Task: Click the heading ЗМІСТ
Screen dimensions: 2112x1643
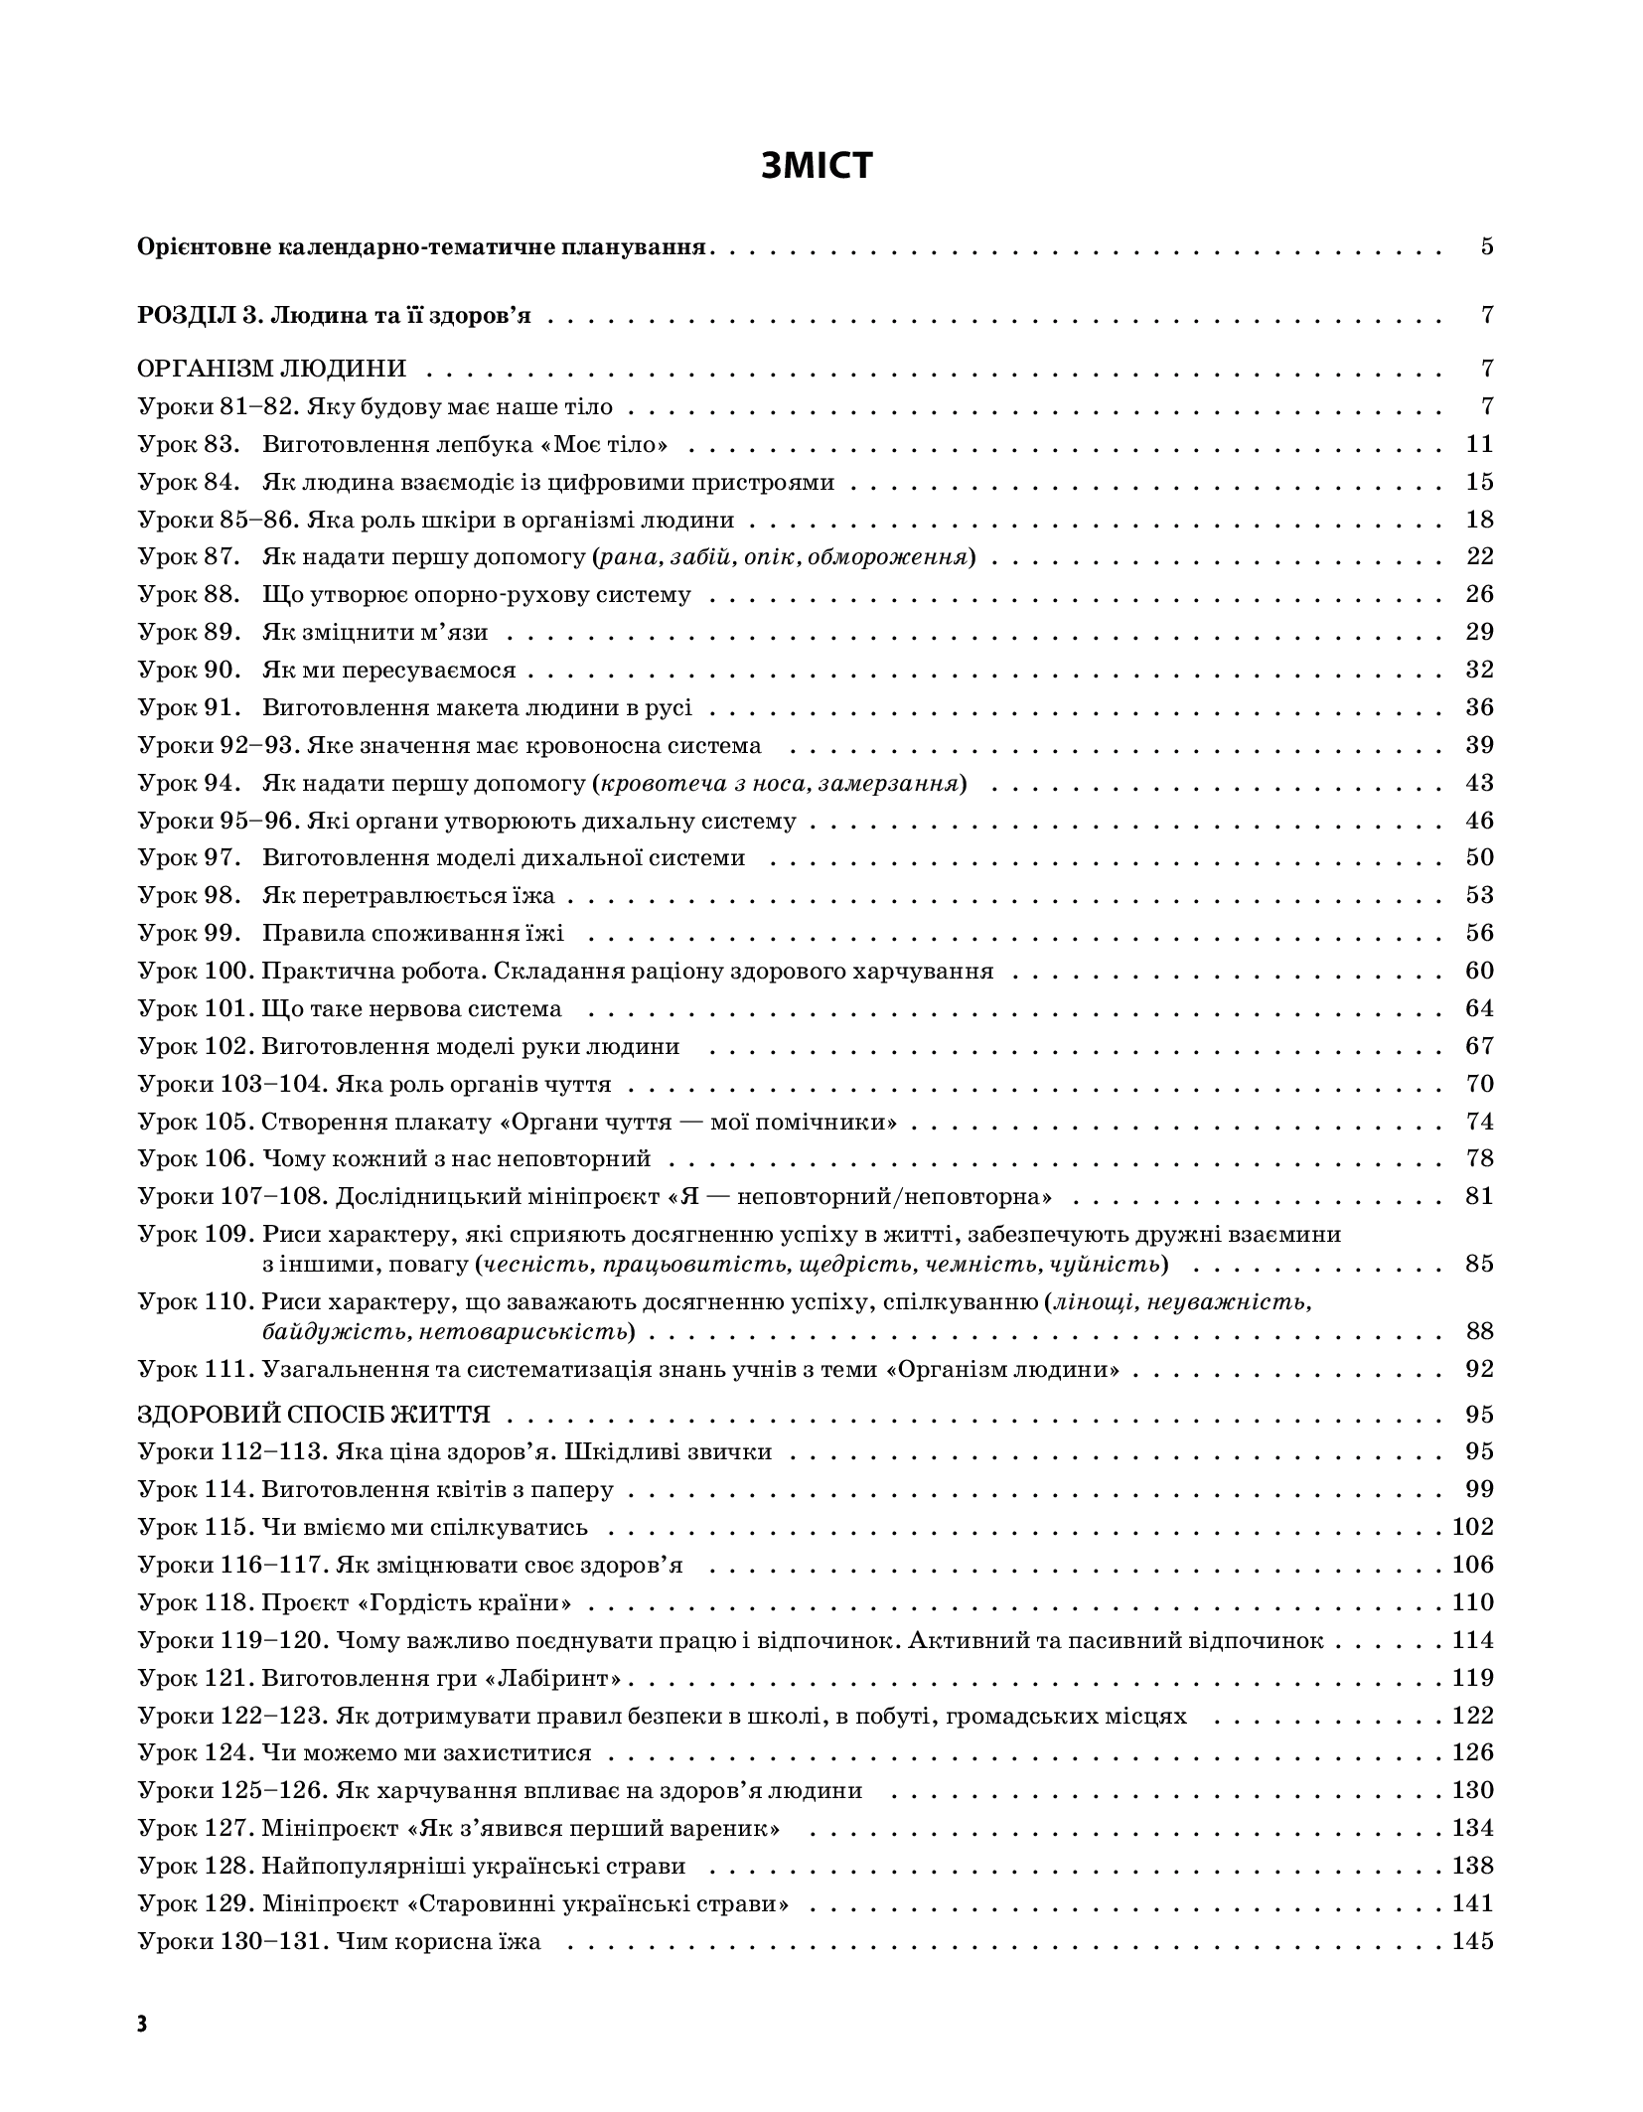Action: coord(817,165)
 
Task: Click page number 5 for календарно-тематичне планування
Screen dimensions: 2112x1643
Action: coord(1486,246)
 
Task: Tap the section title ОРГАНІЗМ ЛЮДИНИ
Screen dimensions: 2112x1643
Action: coord(271,369)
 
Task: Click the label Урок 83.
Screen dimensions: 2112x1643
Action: coord(189,444)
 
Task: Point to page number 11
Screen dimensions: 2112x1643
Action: coord(1479,444)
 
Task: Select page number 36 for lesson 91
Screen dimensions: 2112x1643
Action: coord(1479,707)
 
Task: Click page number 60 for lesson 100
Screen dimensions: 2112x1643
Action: coord(1479,971)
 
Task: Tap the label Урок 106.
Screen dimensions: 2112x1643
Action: coord(195,1158)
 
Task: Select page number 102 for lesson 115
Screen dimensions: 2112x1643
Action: coord(1472,1527)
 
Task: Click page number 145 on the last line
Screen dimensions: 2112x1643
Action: coord(1472,1941)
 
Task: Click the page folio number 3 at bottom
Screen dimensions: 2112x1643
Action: coord(142,2026)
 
